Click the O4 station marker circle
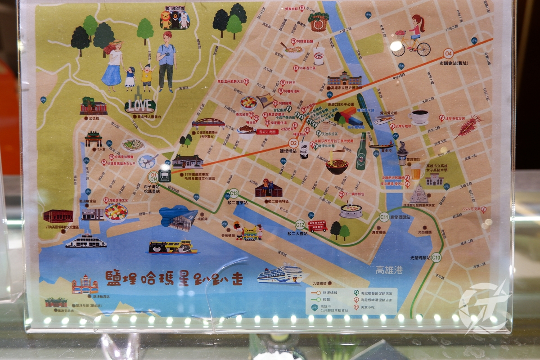(x=448, y=53)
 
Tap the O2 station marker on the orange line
(x=293, y=144)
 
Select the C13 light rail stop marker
(x=234, y=194)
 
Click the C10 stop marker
(x=436, y=258)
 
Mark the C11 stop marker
(x=383, y=217)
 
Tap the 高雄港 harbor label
(x=389, y=270)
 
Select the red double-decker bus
(x=318, y=226)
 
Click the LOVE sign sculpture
(x=140, y=105)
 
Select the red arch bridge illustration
(x=208, y=123)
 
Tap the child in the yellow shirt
(x=146, y=76)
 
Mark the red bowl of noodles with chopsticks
(x=337, y=165)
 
